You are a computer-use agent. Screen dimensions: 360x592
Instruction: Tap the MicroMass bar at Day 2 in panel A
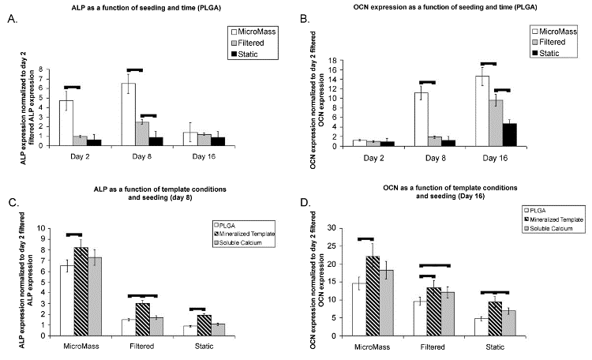(x=66, y=123)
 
